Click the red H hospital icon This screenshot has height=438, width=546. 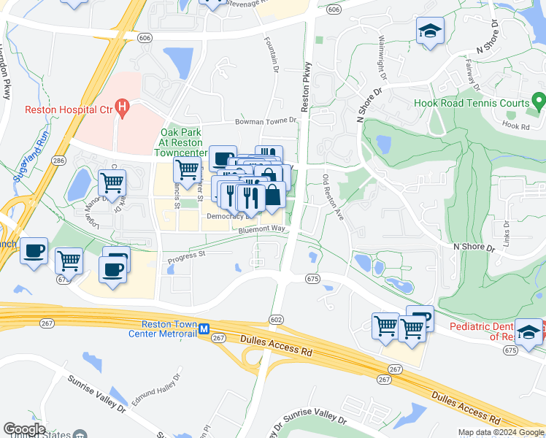(x=122, y=109)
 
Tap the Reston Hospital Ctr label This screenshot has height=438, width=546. (x=69, y=110)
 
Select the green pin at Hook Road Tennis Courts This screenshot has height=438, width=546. (x=539, y=100)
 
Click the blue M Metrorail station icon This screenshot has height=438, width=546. (x=205, y=329)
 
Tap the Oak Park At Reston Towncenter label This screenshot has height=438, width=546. (x=185, y=142)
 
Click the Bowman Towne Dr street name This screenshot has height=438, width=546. (x=265, y=121)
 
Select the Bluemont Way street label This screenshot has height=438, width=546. (x=259, y=229)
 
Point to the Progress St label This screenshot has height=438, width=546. (x=187, y=255)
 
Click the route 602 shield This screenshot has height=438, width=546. (x=276, y=319)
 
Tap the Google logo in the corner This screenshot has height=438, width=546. (x=24, y=429)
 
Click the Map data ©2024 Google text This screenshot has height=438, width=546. (x=500, y=432)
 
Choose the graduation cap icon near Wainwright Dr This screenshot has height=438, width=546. (x=429, y=31)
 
